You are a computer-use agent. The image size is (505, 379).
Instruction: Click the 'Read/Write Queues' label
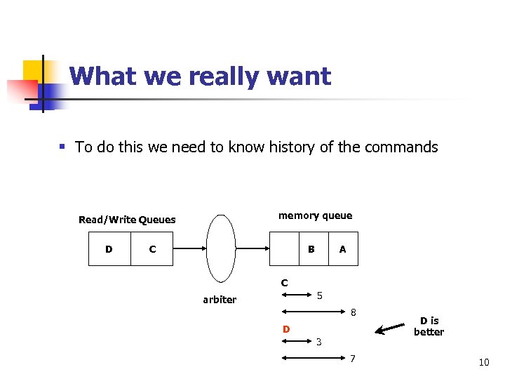pos(127,220)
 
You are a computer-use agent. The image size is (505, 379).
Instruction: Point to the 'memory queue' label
pos(315,215)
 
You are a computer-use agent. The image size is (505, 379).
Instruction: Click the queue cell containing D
pos(109,249)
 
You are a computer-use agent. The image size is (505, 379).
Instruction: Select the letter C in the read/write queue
pos(153,249)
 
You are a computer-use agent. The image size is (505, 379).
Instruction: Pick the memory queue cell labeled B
pos(311,249)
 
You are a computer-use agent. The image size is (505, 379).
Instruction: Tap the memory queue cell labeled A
pos(342,249)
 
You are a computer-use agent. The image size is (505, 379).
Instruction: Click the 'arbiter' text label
pos(220,300)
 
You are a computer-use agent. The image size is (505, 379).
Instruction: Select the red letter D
pos(286,329)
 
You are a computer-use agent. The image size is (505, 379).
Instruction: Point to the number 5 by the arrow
pos(319,295)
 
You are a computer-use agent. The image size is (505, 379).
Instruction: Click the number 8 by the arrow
pos(354,312)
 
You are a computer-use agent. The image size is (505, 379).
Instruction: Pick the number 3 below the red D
pos(318,343)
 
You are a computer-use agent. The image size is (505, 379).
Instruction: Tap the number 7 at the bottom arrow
pos(353,359)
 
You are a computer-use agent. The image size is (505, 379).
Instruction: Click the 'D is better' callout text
pos(429,326)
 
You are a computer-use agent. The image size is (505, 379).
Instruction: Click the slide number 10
pos(483,362)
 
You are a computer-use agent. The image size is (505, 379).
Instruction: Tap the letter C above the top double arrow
pos(284,284)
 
